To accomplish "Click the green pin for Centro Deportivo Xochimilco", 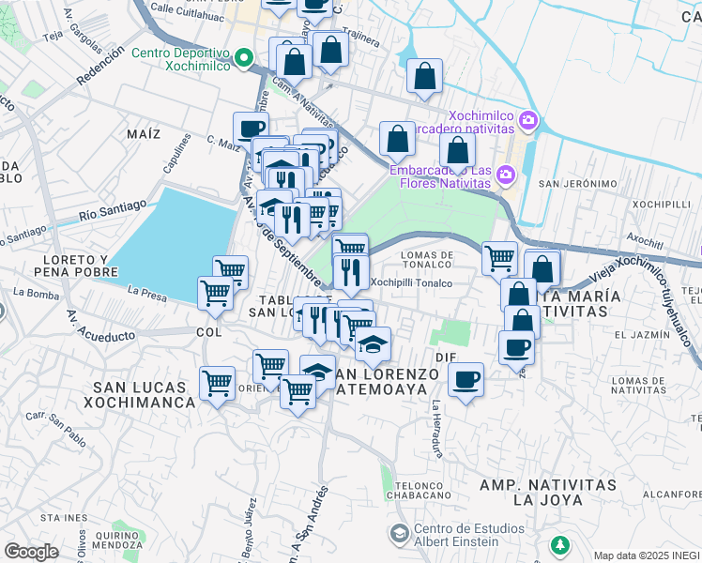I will click(x=244, y=59).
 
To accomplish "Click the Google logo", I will click(x=31, y=551).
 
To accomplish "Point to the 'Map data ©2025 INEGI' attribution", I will click(x=646, y=555).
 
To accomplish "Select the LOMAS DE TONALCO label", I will click(x=427, y=260).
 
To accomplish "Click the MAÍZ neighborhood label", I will click(x=144, y=133).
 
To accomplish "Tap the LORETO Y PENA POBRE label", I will click(x=71, y=265).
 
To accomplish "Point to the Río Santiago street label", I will click(x=113, y=210).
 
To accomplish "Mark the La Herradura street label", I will click(x=437, y=429).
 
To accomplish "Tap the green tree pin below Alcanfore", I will click(x=560, y=544).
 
